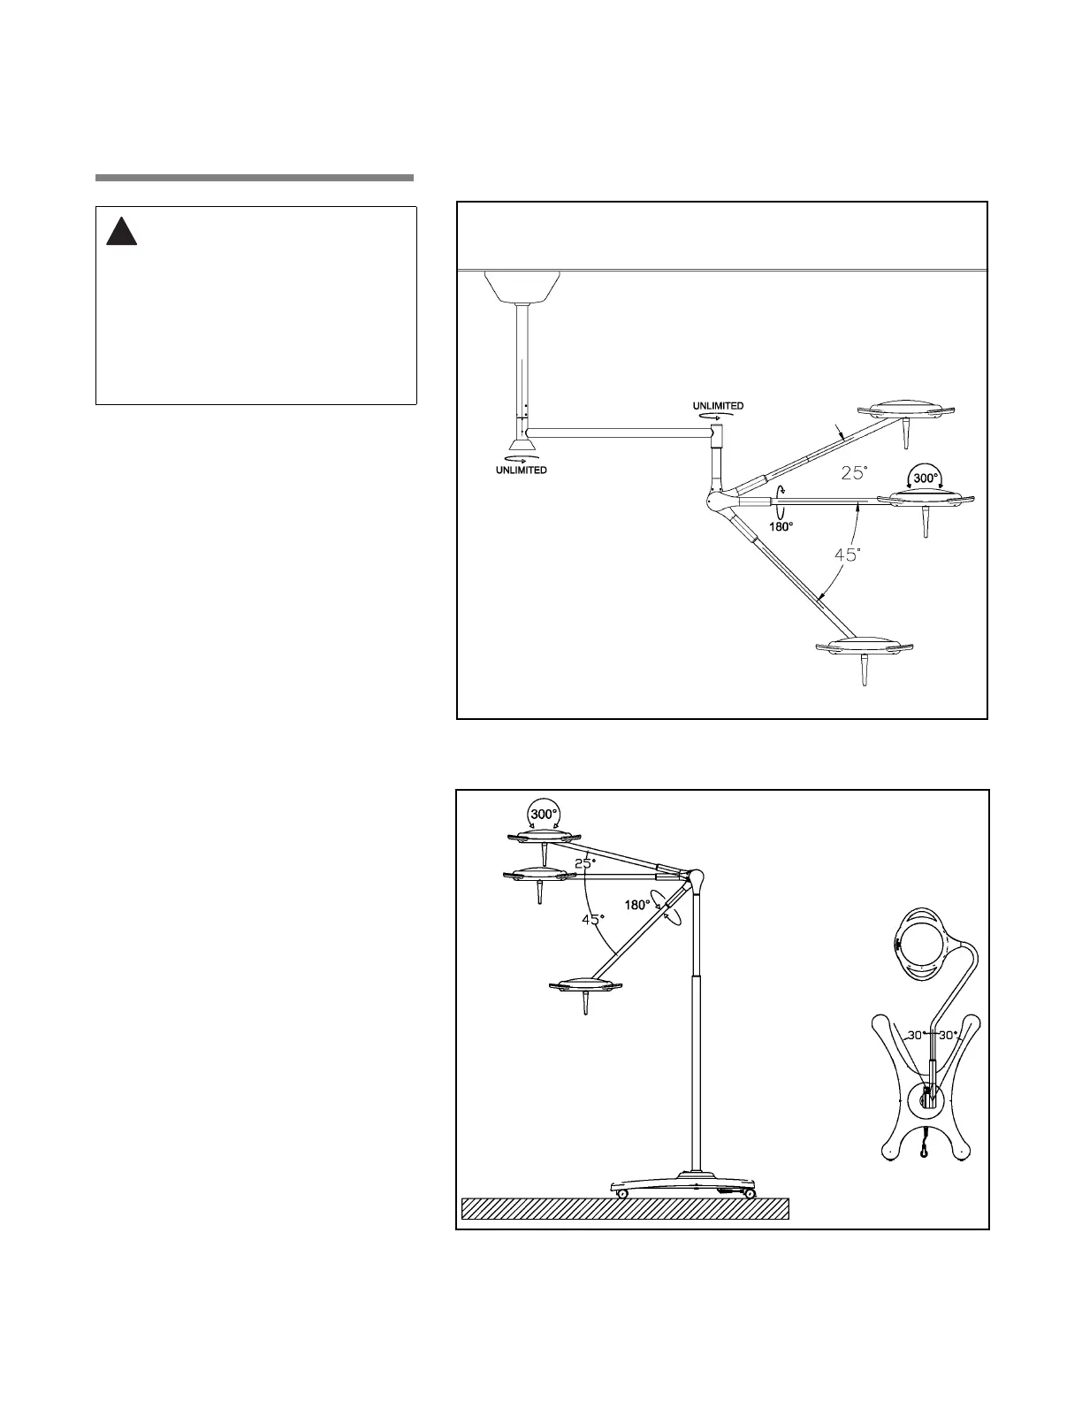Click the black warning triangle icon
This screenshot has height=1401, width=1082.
pyautogui.click(x=121, y=231)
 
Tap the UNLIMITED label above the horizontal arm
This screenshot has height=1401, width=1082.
pyautogui.click(x=718, y=406)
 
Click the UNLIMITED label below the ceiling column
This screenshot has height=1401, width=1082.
pyautogui.click(x=520, y=470)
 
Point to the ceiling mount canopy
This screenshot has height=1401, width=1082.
pyautogui.click(x=522, y=285)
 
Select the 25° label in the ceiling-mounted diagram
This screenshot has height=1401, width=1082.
pyautogui.click(x=854, y=473)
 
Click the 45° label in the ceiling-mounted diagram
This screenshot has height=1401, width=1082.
pyautogui.click(x=848, y=555)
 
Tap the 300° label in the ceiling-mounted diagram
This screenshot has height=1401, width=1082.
pyautogui.click(x=926, y=478)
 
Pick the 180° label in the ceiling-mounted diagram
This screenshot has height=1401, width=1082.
pyautogui.click(x=781, y=525)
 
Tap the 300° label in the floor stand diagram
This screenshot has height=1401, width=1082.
pyautogui.click(x=544, y=814)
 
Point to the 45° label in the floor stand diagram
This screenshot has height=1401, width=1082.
pyautogui.click(x=592, y=920)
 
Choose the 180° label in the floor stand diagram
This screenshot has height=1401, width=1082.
pyautogui.click(x=637, y=905)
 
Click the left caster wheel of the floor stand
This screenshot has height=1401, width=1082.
pyautogui.click(x=622, y=1194)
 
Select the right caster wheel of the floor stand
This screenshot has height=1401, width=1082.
pyautogui.click(x=750, y=1194)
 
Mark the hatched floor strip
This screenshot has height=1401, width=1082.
pyautogui.click(x=625, y=1208)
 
